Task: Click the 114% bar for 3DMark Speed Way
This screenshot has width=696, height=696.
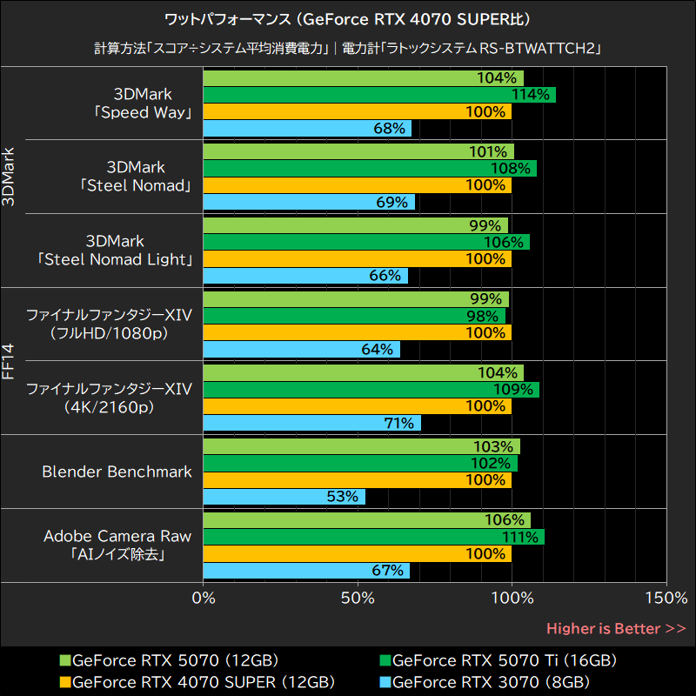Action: tap(378, 95)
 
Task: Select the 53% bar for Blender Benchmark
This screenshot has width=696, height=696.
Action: tap(284, 497)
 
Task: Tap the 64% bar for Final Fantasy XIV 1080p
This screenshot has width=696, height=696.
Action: tap(301, 350)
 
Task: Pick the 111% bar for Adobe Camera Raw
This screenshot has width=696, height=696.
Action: tap(373, 537)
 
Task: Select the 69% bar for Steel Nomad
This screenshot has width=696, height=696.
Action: tap(309, 202)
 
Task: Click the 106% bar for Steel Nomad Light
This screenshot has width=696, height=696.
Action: tap(365, 242)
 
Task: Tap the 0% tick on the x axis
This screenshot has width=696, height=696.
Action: tap(204, 599)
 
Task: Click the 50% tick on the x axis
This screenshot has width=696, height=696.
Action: tap(358, 599)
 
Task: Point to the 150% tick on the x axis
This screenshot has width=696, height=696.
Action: tap(666, 599)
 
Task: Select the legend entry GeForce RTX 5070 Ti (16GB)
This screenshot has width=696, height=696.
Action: tap(505, 660)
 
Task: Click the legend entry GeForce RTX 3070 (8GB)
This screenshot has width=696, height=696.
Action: tap(492, 681)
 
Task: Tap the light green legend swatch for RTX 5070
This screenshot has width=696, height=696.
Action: tap(65, 660)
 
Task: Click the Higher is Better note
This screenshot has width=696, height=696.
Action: tap(616, 628)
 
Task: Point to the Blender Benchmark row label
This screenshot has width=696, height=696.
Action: tap(117, 472)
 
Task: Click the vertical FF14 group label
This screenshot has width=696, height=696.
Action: tap(9, 360)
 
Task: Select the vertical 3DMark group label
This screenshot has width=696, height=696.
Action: tap(9, 177)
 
